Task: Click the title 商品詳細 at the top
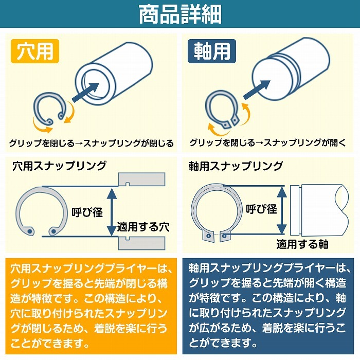point(180,14)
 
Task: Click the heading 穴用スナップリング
point(59,166)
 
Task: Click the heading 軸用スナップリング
point(236,166)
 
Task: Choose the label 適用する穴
point(143,226)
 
